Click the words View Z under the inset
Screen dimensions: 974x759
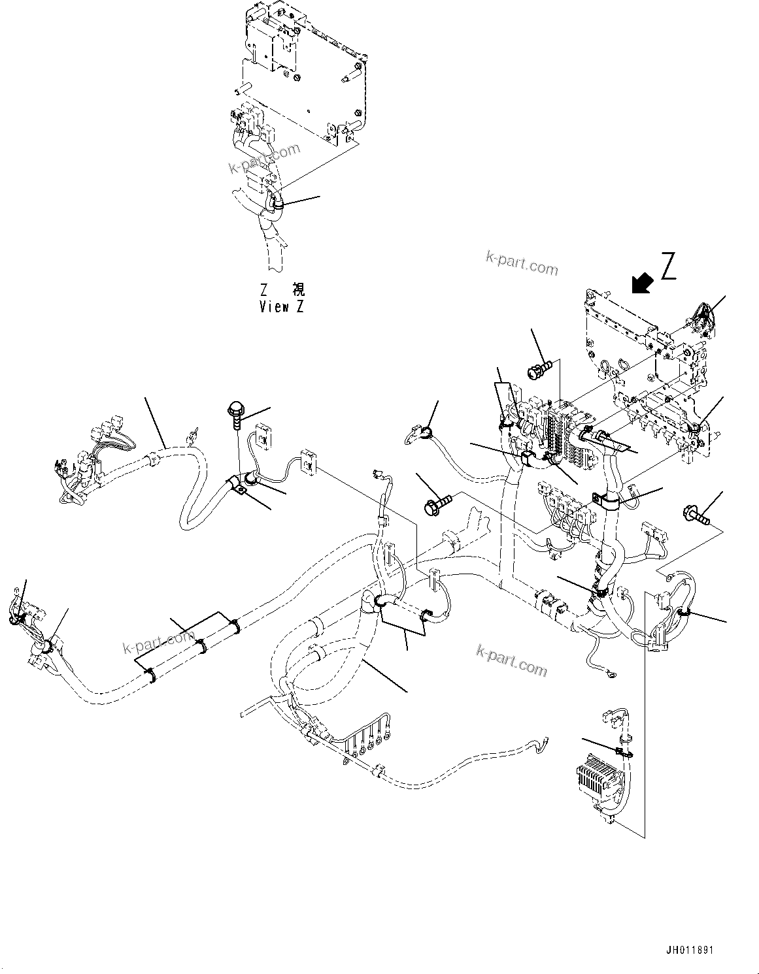[x=281, y=306]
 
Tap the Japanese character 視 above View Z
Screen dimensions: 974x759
[x=297, y=289]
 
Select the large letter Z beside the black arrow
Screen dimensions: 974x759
[x=667, y=266]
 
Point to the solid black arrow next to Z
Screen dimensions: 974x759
[x=642, y=284]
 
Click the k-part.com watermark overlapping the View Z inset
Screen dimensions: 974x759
[x=264, y=158]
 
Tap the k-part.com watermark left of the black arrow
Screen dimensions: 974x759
[x=522, y=263]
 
